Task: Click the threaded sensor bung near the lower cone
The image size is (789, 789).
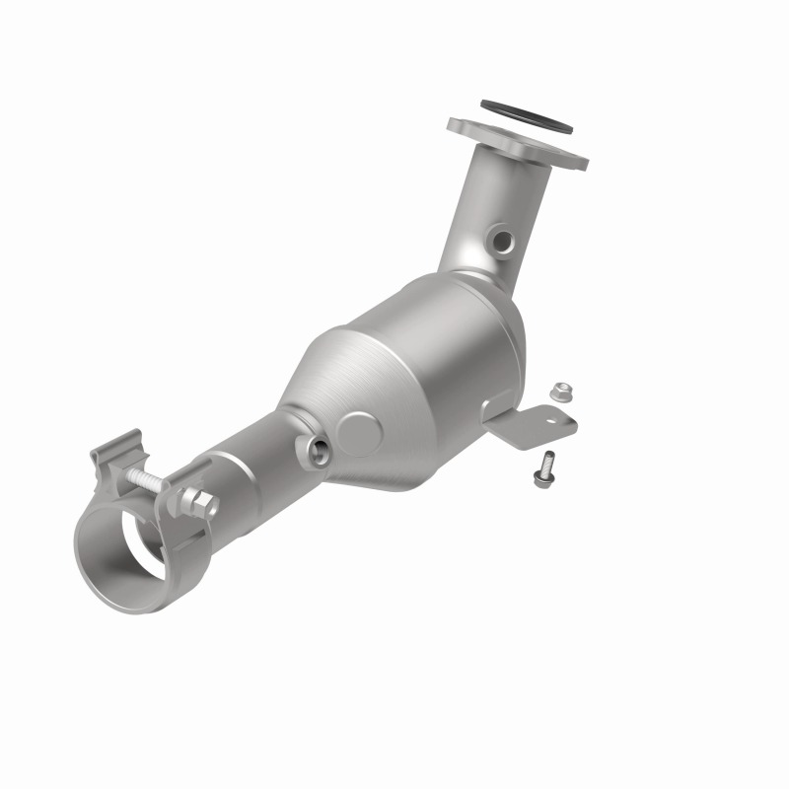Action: point(318,449)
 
